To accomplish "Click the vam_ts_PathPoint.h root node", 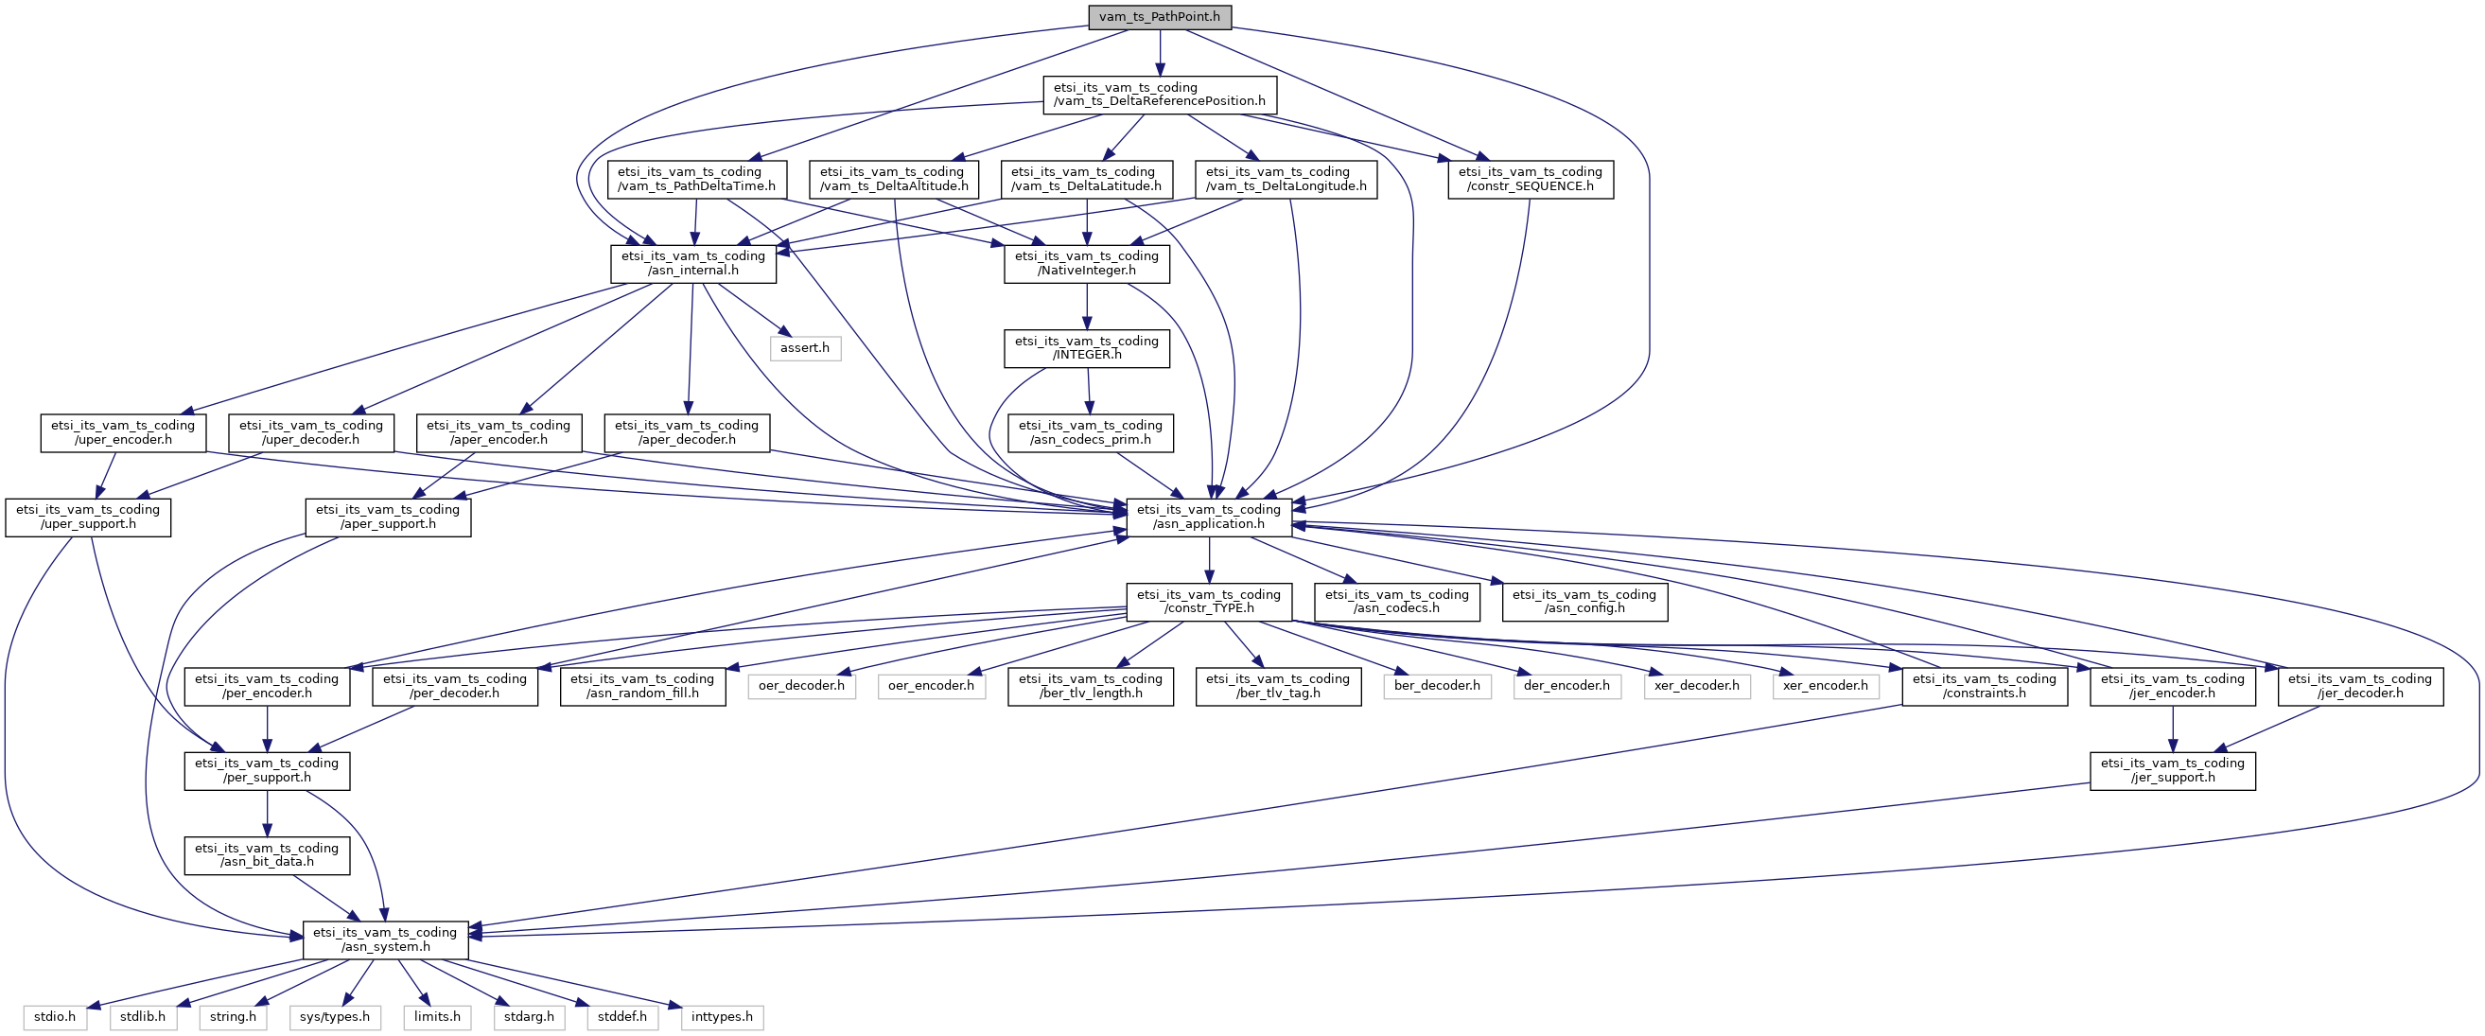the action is (x=1160, y=16).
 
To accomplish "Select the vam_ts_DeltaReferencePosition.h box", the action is (x=1160, y=95).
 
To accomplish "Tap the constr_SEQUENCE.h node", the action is (x=1530, y=179).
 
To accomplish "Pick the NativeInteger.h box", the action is (x=1086, y=263).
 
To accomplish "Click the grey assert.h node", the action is (x=805, y=347).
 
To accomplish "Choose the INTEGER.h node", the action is (x=1086, y=347).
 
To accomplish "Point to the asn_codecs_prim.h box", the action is (x=1090, y=432).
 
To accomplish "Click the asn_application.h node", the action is (x=1209, y=517).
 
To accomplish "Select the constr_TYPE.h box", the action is (x=1209, y=601).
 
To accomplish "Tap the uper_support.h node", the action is (x=88, y=517).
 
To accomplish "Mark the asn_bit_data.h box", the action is (x=267, y=854).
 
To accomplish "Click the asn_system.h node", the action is (x=385, y=939).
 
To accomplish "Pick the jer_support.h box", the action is (x=2173, y=770).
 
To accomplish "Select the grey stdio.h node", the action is (x=55, y=1017).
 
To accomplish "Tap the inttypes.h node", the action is (x=722, y=1017).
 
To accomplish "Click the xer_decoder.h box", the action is (x=1697, y=686).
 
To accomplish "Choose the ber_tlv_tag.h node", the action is (x=1278, y=686).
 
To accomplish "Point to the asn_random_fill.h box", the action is (x=642, y=686).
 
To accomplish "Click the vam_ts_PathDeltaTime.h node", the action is (x=695, y=179).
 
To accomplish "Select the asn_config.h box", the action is (x=1584, y=601).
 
